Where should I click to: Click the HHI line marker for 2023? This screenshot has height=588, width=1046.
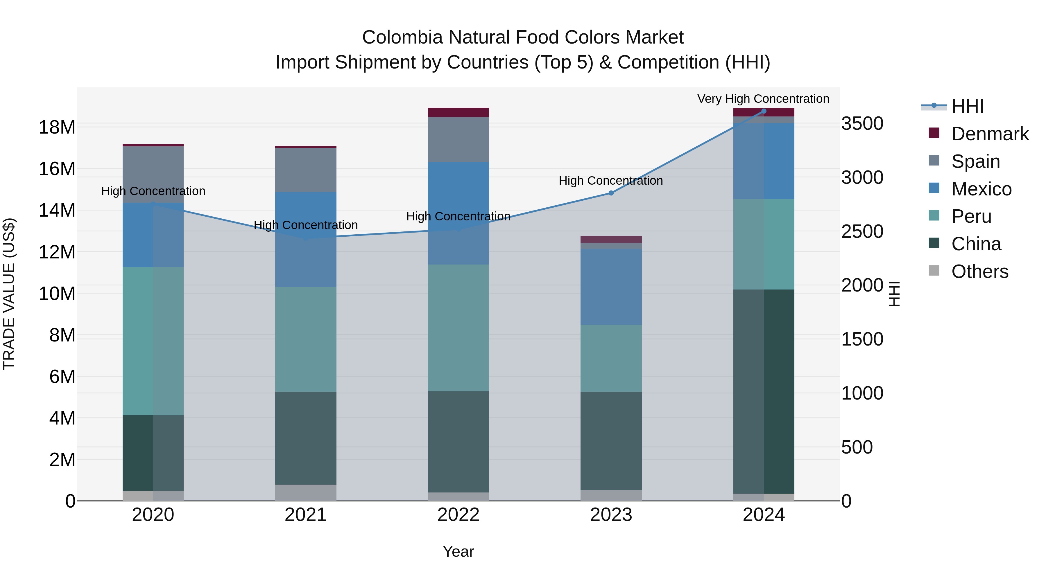pyautogui.click(x=611, y=193)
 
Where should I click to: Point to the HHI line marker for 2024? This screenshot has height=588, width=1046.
pyautogui.click(x=763, y=111)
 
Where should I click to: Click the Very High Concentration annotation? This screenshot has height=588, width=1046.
pyautogui.click(x=763, y=99)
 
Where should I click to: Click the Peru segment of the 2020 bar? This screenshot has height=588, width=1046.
pyautogui.click(x=153, y=341)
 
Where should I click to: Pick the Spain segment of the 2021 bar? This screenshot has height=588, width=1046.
pyautogui.click(x=306, y=170)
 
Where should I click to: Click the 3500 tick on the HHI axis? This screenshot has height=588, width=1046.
pyautogui.click(x=862, y=123)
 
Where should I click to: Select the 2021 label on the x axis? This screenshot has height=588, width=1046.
pyautogui.click(x=306, y=515)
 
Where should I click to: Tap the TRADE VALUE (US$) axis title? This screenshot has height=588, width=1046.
pyautogui.click(x=9, y=294)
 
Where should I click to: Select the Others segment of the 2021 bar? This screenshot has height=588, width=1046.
pyautogui.click(x=306, y=492)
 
